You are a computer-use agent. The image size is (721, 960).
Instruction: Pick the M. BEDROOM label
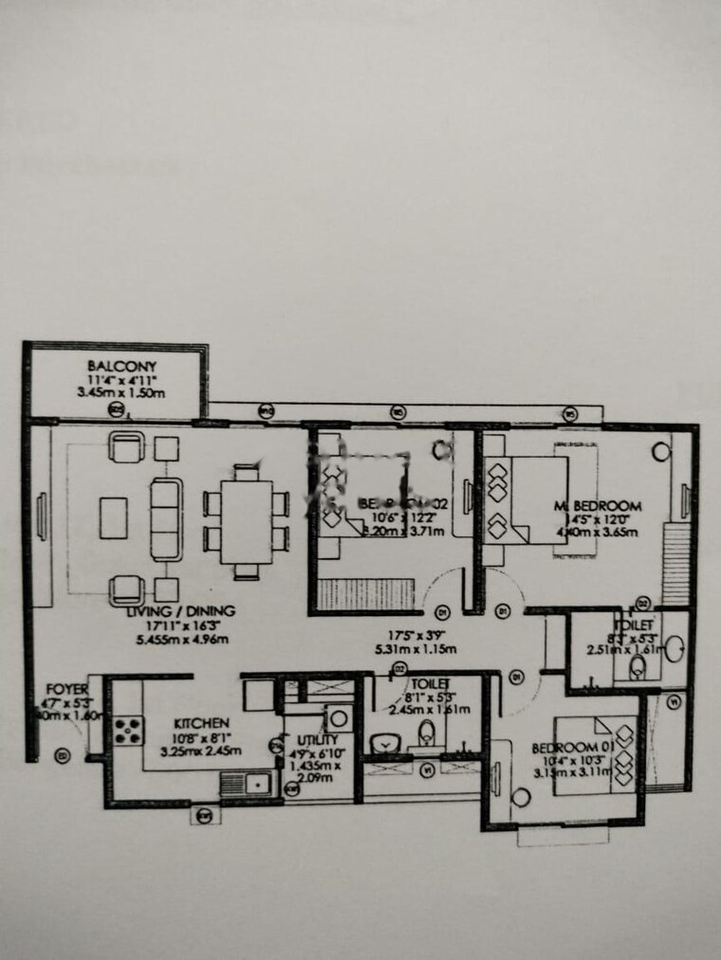tap(599, 506)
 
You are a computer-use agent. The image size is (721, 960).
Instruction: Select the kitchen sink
tap(246, 783)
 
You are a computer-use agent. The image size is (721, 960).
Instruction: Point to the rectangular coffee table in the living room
tap(114, 517)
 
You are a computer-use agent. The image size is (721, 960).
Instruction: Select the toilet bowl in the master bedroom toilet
tap(638, 669)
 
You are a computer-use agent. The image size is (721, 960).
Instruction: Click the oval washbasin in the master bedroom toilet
tap(674, 652)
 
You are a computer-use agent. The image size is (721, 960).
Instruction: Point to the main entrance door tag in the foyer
tap(63, 755)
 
